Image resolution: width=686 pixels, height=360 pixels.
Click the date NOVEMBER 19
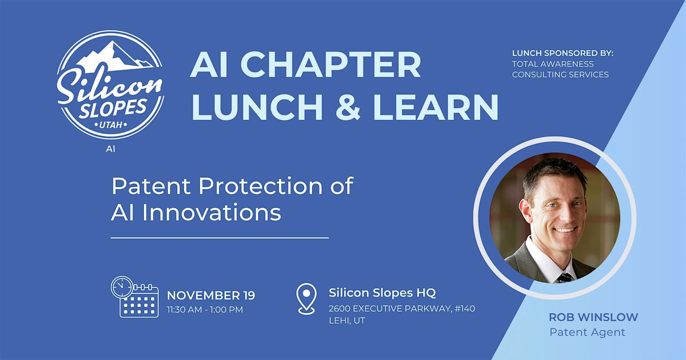click(210, 295)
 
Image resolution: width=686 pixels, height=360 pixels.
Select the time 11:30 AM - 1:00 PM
click(205, 310)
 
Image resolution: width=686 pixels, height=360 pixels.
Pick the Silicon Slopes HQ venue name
click(382, 293)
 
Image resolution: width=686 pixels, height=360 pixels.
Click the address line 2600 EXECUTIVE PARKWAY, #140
click(401, 309)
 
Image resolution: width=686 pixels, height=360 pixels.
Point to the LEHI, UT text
click(346, 321)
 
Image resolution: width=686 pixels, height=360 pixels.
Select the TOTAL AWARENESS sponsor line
click(552, 64)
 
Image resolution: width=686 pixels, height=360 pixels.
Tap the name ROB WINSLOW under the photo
click(593, 317)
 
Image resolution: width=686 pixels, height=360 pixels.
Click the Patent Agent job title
click(587, 332)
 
